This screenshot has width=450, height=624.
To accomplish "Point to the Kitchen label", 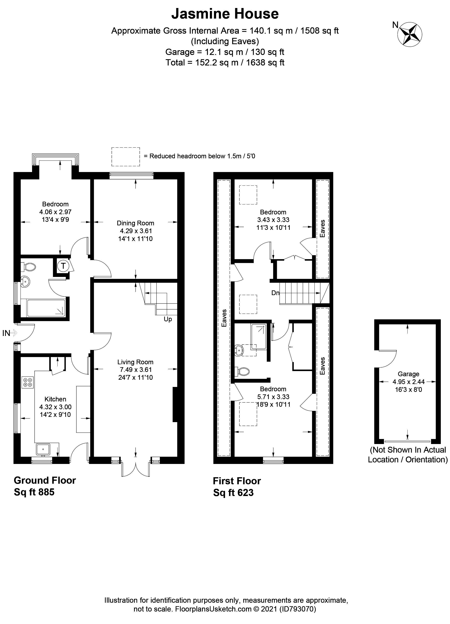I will click(x=55, y=399).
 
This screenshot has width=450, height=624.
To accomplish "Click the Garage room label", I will click(x=408, y=374).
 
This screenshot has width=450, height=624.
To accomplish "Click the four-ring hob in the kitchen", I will click(x=28, y=382).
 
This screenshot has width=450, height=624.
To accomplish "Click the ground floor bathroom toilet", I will click(x=29, y=267).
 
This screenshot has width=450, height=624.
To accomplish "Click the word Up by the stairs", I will click(x=167, y=319).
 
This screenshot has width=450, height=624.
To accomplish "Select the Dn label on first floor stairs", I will click(x=275, y=293).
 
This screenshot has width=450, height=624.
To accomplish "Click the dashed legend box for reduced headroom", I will click(x=125, y=157).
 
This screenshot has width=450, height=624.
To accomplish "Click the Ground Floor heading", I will click(x=45, y=480).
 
